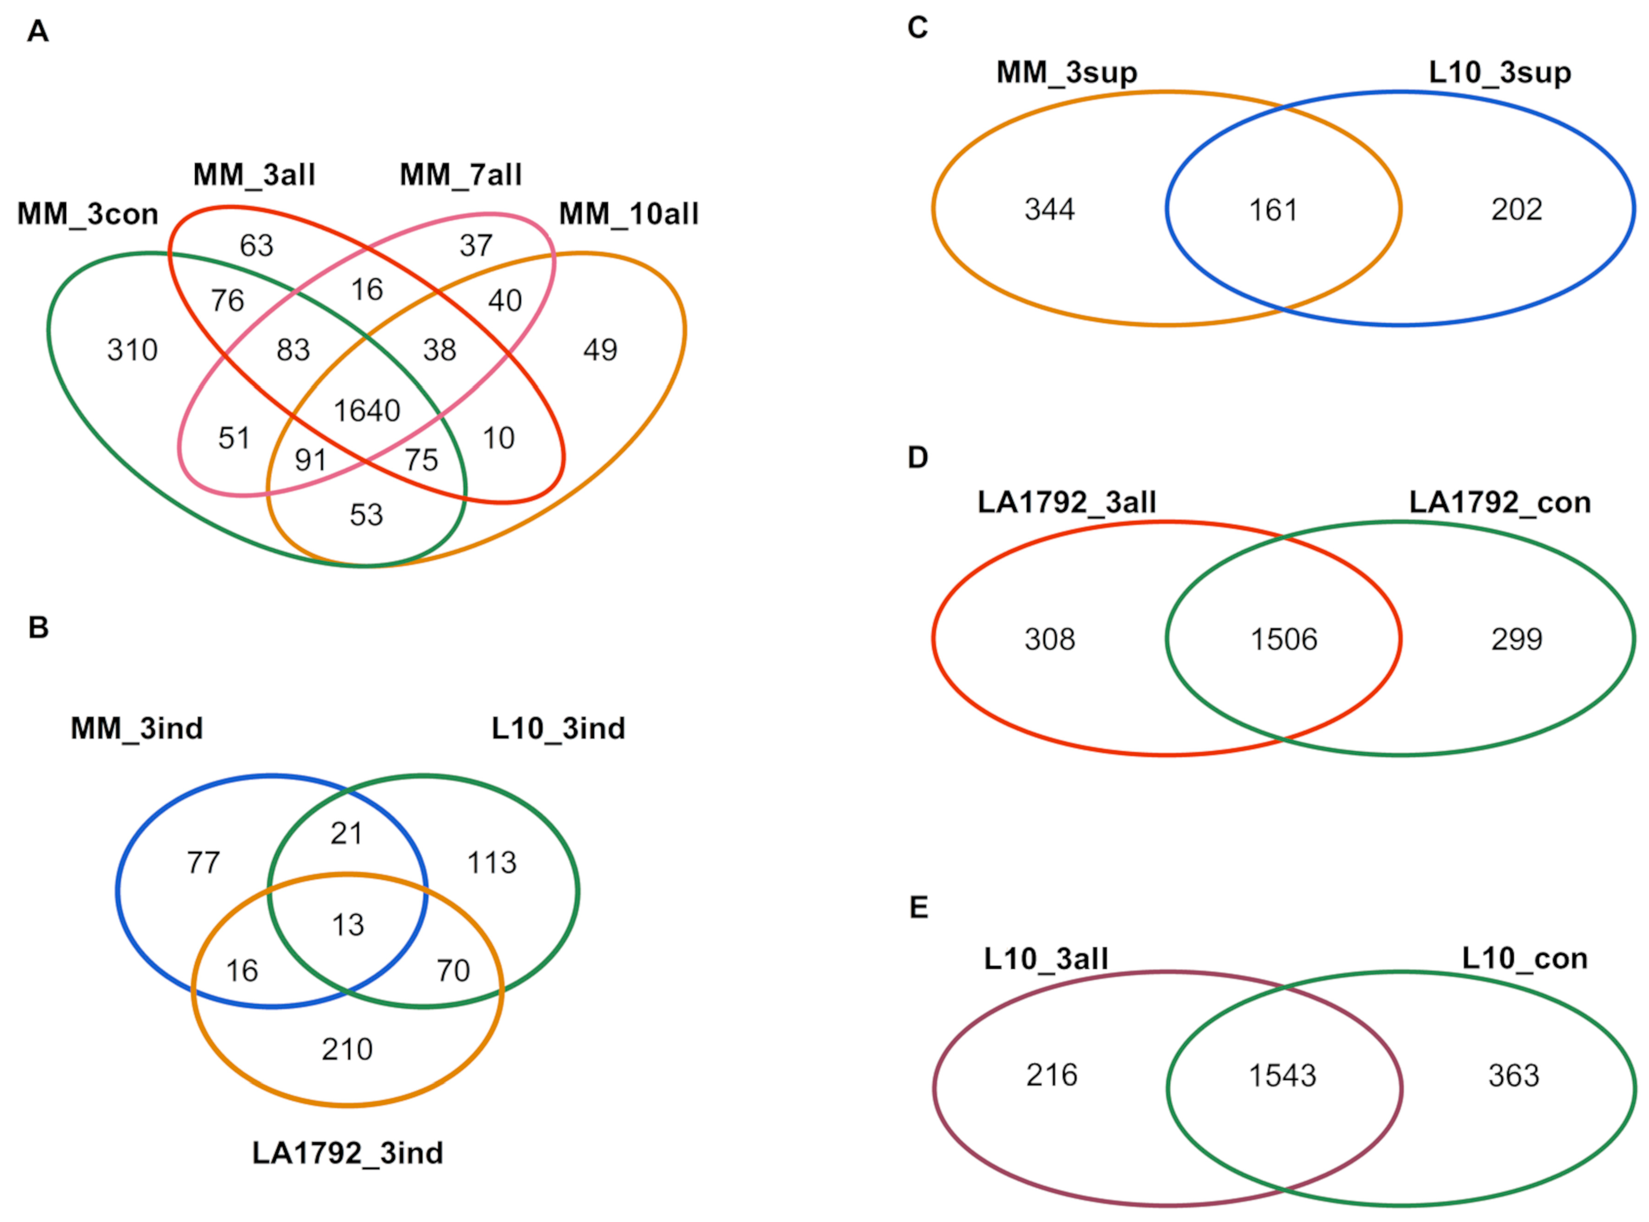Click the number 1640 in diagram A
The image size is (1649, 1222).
click(367, 411)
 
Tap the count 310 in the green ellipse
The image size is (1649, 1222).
click(132, 350)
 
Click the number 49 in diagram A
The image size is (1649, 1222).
click(600, 350)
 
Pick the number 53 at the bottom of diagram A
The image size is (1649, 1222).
click(366, 515)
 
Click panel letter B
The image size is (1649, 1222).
click(38, 627)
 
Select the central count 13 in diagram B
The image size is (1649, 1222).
click(348, 924)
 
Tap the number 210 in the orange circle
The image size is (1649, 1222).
click(347, 1049)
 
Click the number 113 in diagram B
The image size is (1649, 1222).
click(492, 863)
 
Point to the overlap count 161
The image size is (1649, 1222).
click(1273, 210)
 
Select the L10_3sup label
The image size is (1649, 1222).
click(1500, 72)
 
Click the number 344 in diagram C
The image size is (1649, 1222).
click(1049, 209)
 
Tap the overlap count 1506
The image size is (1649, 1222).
click(1284, 639)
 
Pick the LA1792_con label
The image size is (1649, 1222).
click(1500, 502)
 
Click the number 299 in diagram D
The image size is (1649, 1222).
click(1517, 639)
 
